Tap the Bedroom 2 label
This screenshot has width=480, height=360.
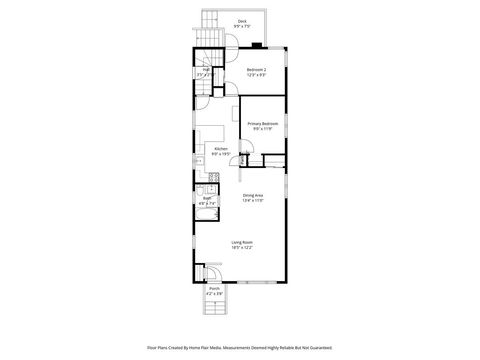pos(257,69)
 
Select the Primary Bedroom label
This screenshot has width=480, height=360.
pos(263,122)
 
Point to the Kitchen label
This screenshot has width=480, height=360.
pos(221,148)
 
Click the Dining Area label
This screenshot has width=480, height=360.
pos(253,195)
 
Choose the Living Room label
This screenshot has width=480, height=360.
pos(242,242)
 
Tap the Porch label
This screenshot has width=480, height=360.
pos(214,290)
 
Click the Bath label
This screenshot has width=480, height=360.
pos(207,198)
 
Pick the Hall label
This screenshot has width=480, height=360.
pos(205,69)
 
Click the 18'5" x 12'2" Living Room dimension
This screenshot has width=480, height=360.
pos(242,248)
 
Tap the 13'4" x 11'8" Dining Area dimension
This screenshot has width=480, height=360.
pos(253,201)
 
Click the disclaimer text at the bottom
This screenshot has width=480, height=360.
pos(240,348)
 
